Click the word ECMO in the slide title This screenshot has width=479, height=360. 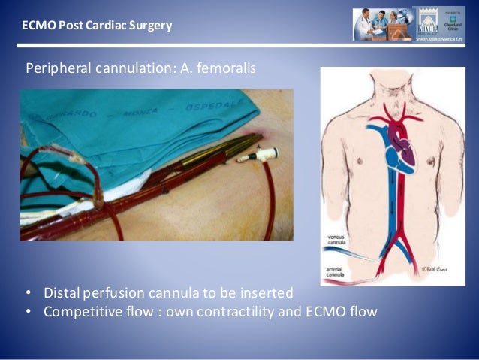(37, 26)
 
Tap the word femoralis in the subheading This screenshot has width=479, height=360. (228, 68)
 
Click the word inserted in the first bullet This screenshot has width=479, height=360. (269, 292)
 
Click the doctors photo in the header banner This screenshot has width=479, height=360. (382, 25)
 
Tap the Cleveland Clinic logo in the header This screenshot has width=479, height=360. (453, 20)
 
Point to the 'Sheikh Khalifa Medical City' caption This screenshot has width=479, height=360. (438, 38)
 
